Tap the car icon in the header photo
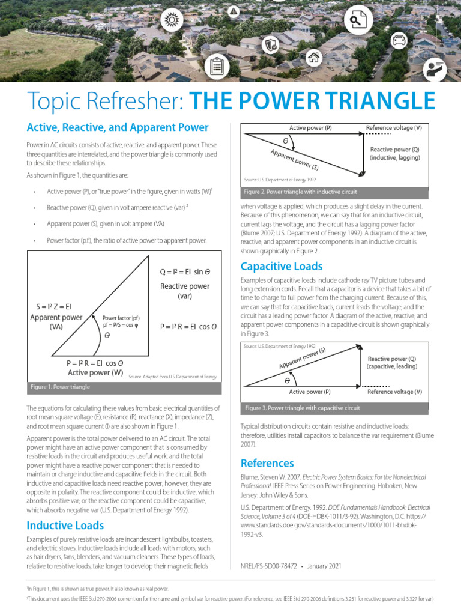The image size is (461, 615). coord(398,40)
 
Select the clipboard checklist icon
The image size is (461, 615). coord(217,66)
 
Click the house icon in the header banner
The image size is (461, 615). coord(313,58)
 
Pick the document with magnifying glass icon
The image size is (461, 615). coord(358,21)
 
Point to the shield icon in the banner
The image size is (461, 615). coord(271,44)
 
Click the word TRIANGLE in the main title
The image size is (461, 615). coord(378,100)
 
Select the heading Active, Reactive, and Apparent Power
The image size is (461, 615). coord(118,127)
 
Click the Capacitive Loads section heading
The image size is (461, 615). coord(281,266)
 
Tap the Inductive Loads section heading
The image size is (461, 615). coord(65,526)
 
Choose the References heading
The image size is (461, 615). coord(267,463)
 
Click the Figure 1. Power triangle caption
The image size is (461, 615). coord(60,387)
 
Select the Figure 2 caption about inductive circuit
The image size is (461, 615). coord(300,192)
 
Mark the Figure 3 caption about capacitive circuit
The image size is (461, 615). coord(303,408)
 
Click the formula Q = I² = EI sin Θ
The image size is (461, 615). coord(185,271)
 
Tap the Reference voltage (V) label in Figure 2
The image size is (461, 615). coord(394,128)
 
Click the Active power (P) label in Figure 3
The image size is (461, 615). coord(310,392)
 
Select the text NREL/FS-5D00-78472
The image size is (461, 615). coord(269,565)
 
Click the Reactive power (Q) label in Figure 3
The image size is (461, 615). coord(391,359)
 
